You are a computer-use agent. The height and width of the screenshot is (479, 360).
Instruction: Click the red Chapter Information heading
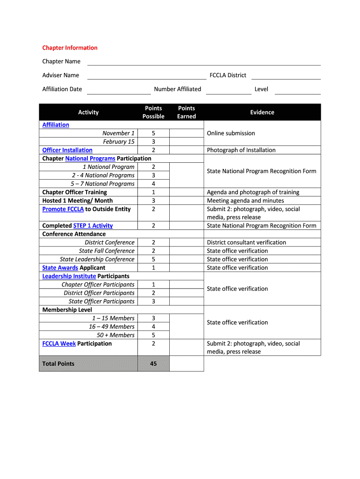point(70,48)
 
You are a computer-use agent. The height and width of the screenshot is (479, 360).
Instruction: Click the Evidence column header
point(262,112)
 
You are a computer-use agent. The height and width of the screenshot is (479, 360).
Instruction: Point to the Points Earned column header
point(187,112)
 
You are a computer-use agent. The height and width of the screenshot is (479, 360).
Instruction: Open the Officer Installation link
point(67,150)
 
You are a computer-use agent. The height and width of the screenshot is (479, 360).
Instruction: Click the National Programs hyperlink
point(90,159)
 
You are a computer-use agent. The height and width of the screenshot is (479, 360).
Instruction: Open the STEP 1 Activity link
point(93,225)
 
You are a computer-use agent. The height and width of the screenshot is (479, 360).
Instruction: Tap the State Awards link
point(60,268)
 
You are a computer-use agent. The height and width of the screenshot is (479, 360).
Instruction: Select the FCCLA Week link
point(59,343)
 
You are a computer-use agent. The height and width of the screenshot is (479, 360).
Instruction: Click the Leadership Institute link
point(69,276)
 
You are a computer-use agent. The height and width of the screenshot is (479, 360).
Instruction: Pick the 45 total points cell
point(153,363)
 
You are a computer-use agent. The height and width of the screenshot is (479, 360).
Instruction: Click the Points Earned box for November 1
point(187,133)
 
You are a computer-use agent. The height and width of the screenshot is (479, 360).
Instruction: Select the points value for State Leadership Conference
point(153,259)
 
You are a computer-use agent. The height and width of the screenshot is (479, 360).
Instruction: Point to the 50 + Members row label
point(115,335)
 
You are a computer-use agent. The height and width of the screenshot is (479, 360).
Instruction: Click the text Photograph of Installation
point(241,150)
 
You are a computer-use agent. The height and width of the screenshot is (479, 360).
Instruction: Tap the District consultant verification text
point(246,242)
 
